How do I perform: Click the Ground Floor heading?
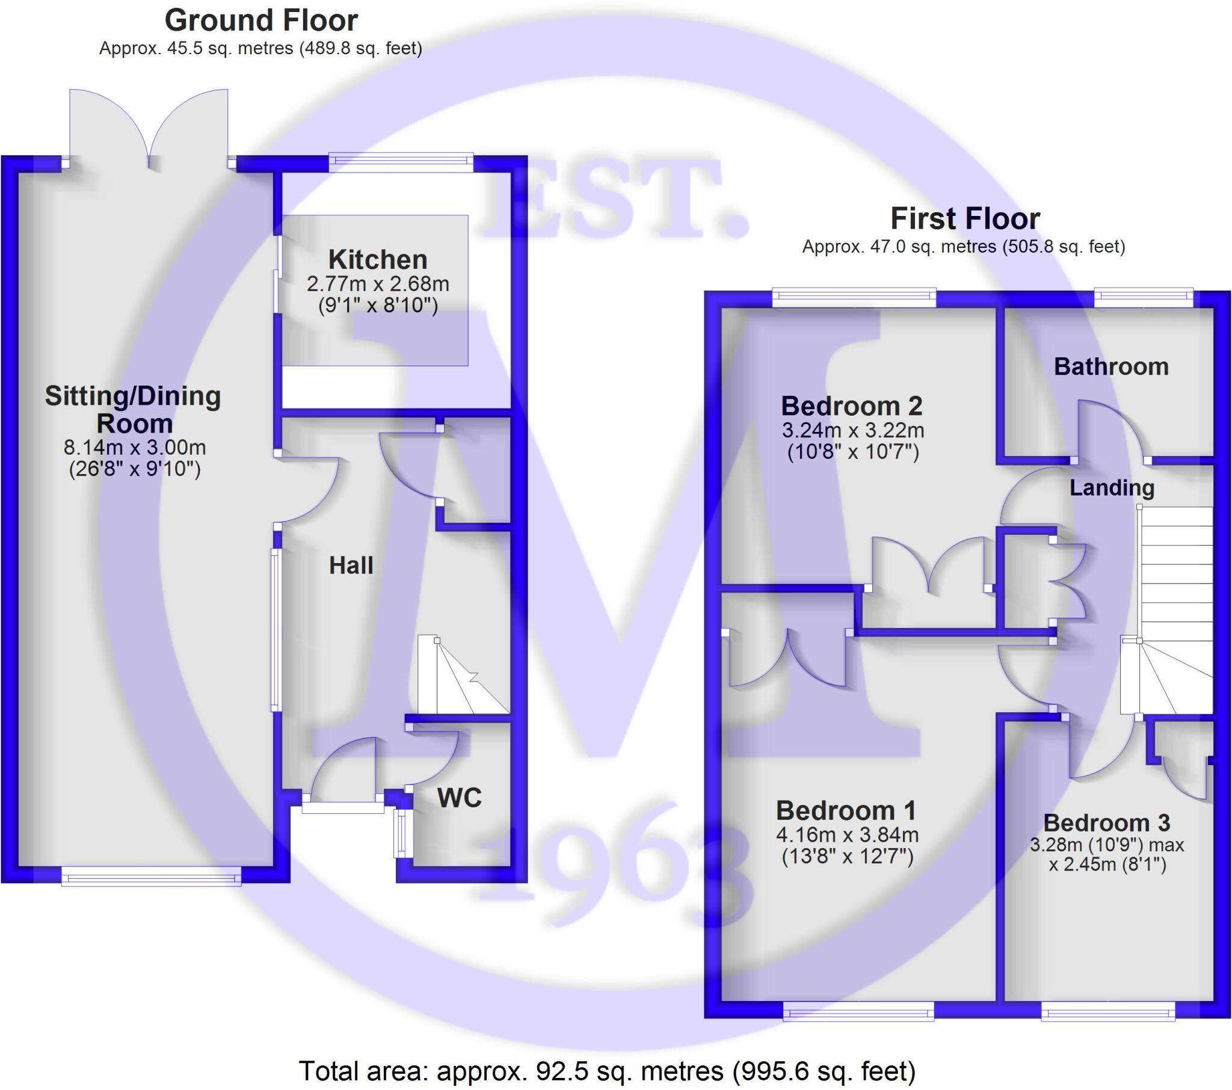[x=261, y=20]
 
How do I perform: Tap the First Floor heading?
[x=965, y=218]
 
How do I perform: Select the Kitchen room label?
[x=378, y=260]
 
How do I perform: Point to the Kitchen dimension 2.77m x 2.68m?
[x=378, y=283]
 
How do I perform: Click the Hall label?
[x=351, y=565]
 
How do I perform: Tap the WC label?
[x=459, y=798]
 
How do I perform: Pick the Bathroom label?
[x=1111, y=366]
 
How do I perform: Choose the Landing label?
[x=1112, y=488]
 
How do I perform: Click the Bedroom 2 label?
[x=852, y=405]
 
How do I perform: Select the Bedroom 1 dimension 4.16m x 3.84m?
[x=847, y=835]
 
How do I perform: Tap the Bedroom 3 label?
[x=1107, y=822]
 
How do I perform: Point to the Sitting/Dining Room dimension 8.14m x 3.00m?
[x=134, y=448]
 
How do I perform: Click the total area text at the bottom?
[x=607, y=1071]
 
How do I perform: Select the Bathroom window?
[x=1144, y=295]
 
